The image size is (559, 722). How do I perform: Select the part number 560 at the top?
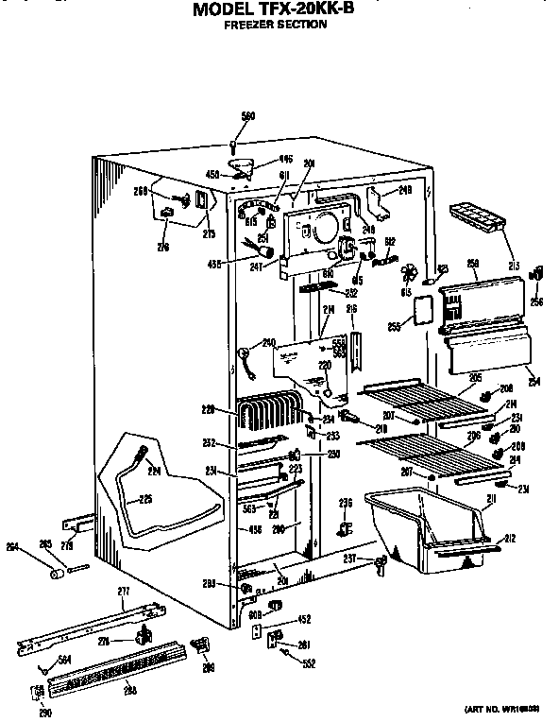pos(248,116)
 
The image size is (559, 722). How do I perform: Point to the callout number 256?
pos(536,302)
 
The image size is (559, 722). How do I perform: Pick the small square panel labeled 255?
pos(425,310)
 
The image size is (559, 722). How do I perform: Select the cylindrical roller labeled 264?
pos(56,574)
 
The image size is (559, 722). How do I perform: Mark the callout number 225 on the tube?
pos(146,500)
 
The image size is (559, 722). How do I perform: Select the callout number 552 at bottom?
pos(309,663)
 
